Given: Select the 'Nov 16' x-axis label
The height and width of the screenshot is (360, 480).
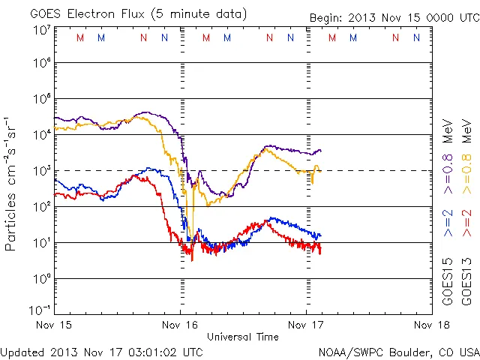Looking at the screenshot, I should (x=181, y=325).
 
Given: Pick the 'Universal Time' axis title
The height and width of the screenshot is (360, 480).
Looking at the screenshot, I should (x=243, y=337).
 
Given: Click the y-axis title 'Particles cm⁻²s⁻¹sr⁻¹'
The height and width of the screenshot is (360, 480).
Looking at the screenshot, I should (x=11, y=184).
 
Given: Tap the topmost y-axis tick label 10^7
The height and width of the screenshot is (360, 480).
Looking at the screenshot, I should (x=41, y=29).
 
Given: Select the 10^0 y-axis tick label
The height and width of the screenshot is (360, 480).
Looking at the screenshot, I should (x=41, y=279).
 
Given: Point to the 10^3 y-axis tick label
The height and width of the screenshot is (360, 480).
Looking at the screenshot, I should (x=41, y=172).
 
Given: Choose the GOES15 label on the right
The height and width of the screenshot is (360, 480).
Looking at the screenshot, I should (x=447, y=283).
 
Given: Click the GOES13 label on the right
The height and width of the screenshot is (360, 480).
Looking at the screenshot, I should (x=465, y=283).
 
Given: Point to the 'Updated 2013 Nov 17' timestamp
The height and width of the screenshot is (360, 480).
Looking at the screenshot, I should (x=102, y=352).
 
